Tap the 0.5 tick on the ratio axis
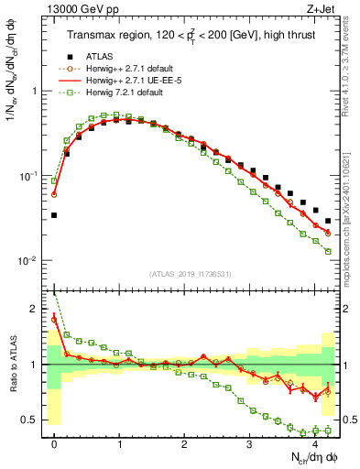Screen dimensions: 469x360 coord(33,420)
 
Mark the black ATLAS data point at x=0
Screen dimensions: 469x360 coord(54,215)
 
